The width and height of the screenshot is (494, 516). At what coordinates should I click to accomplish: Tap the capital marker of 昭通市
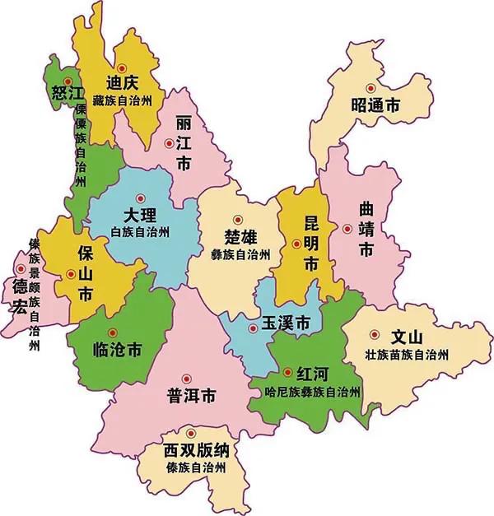[370, 87]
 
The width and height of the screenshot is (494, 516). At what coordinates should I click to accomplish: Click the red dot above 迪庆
[122, 67]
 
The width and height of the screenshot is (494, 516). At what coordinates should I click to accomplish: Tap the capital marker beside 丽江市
[169, 142]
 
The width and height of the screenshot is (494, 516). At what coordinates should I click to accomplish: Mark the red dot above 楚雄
[237, 219]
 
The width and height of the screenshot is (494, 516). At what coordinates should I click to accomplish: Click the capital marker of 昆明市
[296, 243]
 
